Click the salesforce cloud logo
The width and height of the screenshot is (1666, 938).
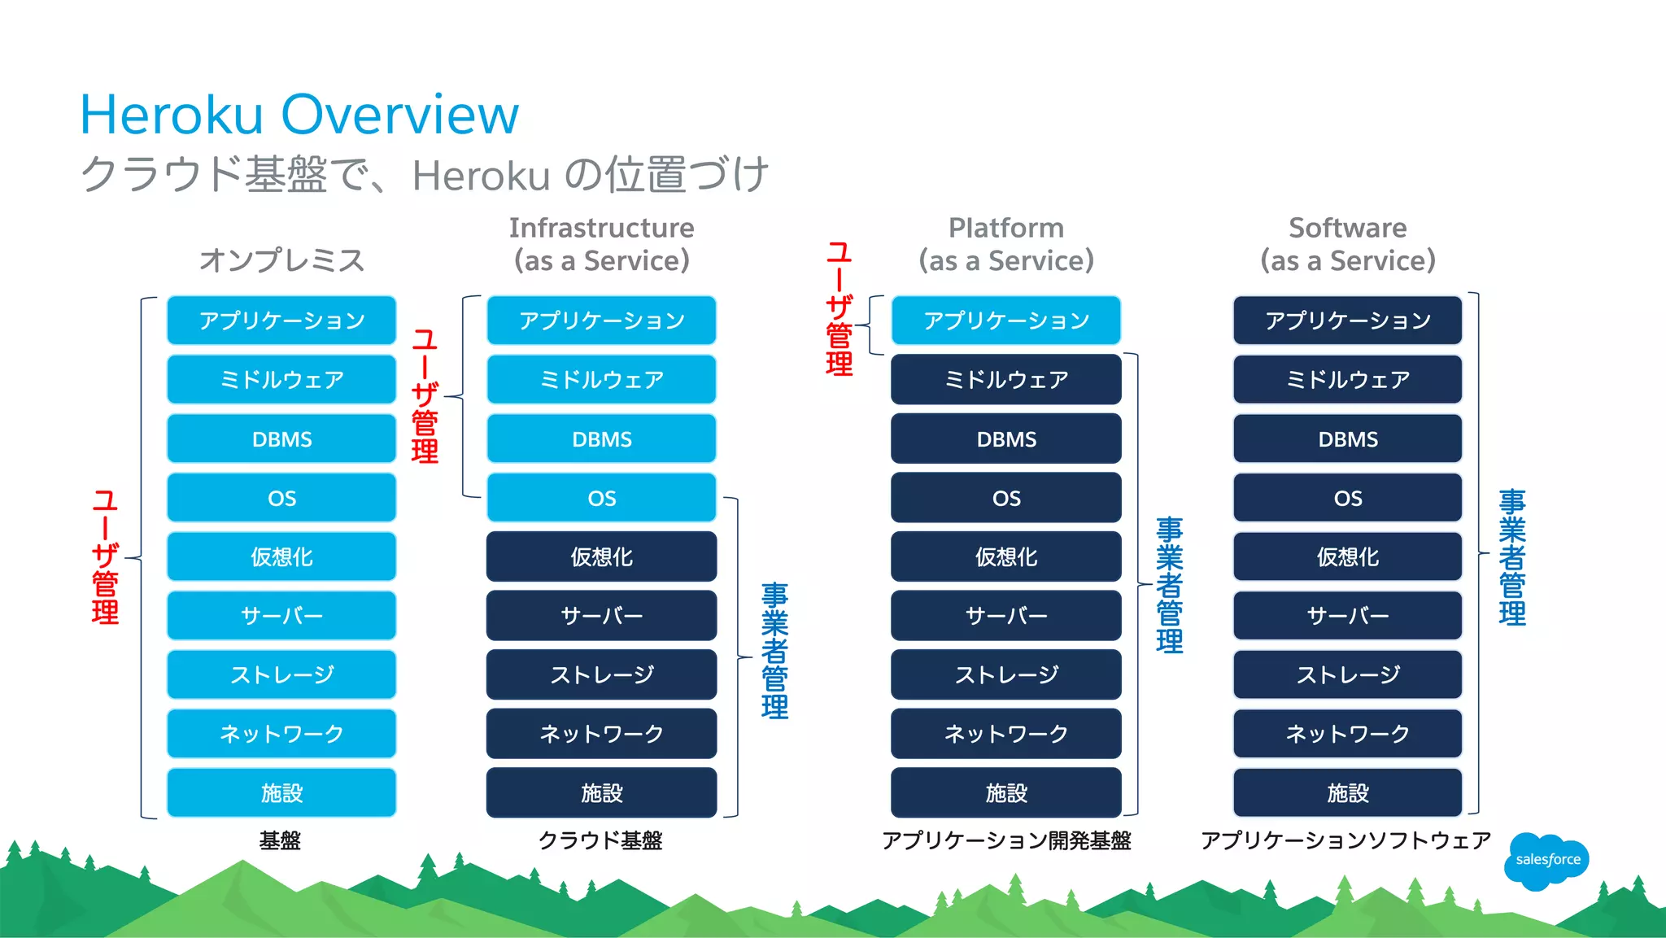tap(1546, 860)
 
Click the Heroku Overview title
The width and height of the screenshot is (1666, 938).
tap(299, 115)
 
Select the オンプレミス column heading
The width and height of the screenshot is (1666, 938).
tap(281, 260)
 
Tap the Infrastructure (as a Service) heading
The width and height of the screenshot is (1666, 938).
tap(601, 244)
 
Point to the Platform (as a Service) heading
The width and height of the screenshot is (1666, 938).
tap(1006, 244)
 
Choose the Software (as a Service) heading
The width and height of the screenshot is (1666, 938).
tap(1347, 244)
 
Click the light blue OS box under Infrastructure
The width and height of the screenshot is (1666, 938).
tap(601, 498)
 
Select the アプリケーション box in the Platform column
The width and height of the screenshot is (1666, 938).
tap(1006, 321)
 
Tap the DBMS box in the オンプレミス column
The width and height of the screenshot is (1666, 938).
tap(281, 439)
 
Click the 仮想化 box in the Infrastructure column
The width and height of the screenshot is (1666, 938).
tap(601, 557)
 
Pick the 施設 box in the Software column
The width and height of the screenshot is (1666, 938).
tap(1347, 793)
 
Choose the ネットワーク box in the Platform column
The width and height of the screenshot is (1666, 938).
tap(1006, 734)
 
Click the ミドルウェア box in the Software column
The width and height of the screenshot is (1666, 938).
tap(1347, 380)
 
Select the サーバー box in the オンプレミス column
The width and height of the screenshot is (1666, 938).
tap(281, 616)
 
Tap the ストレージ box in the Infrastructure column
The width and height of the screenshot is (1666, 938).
tap(601, 675)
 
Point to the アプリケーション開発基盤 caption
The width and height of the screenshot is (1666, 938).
tap(1006, 840)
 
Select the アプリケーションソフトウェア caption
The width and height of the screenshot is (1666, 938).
tap(1345, 840)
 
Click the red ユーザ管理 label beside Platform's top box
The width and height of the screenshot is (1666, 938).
tap(839, 309)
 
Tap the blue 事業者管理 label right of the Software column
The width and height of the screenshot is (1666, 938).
tap(1512, 557)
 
